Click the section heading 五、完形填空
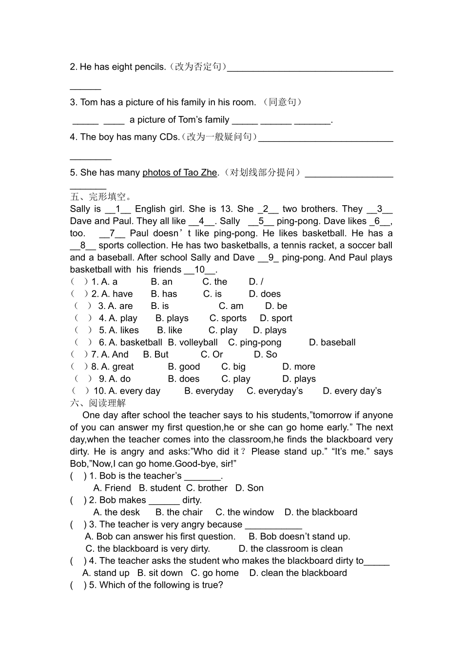pos(101,197)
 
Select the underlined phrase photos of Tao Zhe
pos(179,173)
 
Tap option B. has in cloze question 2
pos(164,294)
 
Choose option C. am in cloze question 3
pos(231,306)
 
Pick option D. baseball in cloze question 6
pos(332,343)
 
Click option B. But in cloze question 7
pos(155,355)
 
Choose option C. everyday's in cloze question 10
pos(274,391)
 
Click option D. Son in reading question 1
pos(249,488)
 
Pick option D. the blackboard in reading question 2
pos(321,513)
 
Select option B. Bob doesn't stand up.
pos(299,537)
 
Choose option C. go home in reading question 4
pos(214,573)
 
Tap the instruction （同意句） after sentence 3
pos(282,102)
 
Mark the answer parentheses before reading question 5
pos(78,585)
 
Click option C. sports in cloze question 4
pos(228,318)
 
